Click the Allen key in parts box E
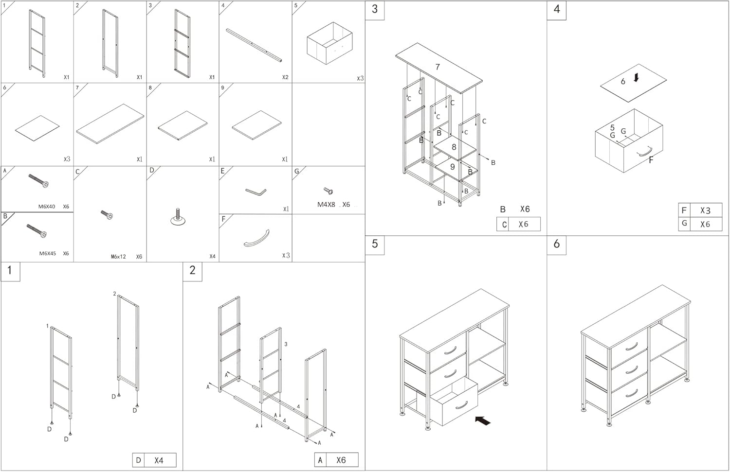[255, 192]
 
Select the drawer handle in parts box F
[256, 238]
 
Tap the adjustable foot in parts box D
[179, 217]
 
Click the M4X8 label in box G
[326, 205]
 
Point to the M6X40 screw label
[47, 207]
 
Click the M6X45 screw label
[47, 253]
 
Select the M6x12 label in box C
[118, 257]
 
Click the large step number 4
[557, 10]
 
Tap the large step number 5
[375, 244]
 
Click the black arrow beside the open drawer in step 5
[483, 420]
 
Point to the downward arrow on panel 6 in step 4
[636, 78]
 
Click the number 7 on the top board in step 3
[438, 67]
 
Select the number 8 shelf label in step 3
[454, 147]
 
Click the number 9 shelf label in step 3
[452, 167]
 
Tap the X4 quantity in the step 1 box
[159, 460]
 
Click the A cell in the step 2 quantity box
[320, 460]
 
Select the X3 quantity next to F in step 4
[705, 210]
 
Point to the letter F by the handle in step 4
[651, 160]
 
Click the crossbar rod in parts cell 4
[254, 45]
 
